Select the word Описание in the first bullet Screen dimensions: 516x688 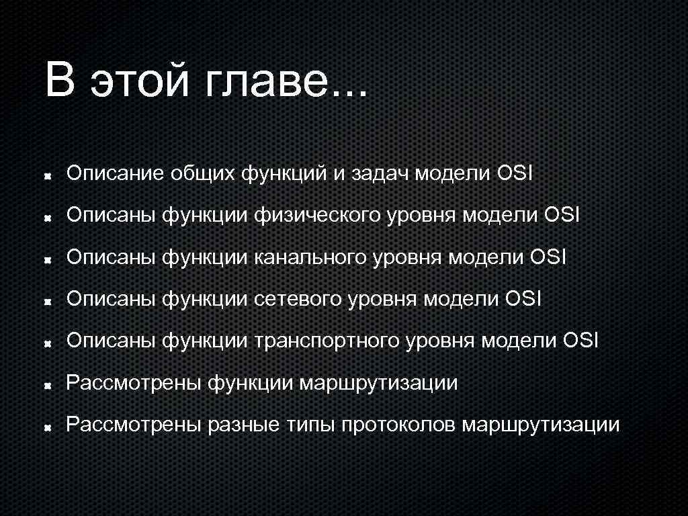tap(115, 175)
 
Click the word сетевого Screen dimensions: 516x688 tap(298, 300)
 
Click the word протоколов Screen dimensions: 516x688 tap(399, 425)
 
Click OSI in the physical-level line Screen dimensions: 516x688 tap(562, 216)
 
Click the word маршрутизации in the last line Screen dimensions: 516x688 tap(541, 425)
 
